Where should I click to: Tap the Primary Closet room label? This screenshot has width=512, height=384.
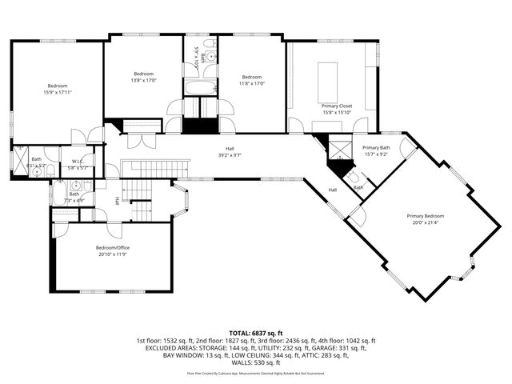tap(337, 106)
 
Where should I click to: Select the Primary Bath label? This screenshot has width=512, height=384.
tap(376, 148)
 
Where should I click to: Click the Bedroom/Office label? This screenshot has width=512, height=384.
tap(113, 248)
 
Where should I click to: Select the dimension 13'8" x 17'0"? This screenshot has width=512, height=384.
tap(144, 80)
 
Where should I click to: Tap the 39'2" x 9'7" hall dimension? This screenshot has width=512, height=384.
tap(230, 155)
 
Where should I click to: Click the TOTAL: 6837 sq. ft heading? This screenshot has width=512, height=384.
tap(256, 332)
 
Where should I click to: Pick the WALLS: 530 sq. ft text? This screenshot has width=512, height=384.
tap(256, 362)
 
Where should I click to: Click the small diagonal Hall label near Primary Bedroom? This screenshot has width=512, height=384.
tap(332, 190)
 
